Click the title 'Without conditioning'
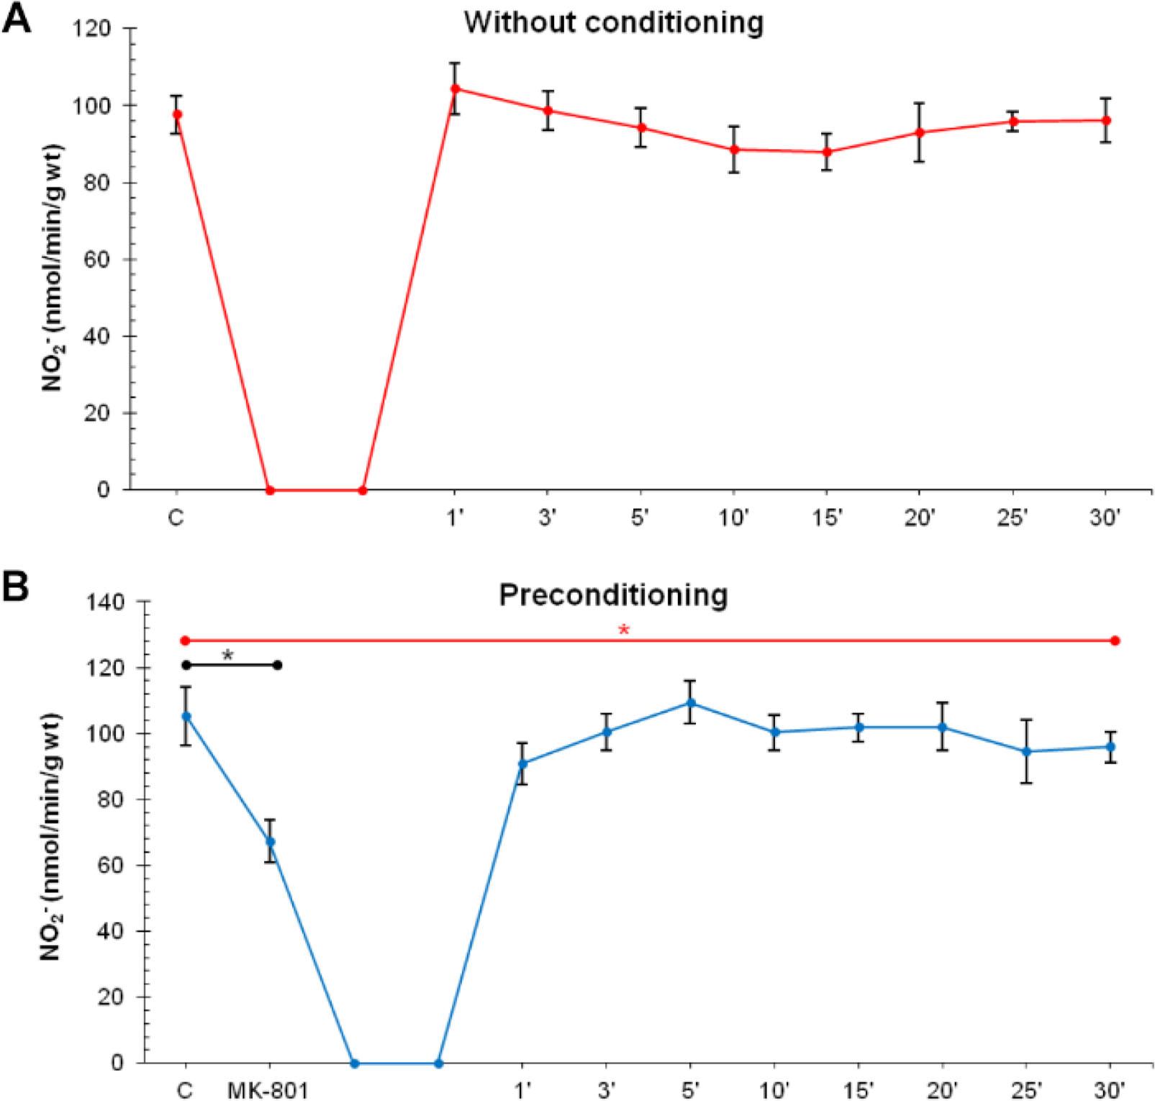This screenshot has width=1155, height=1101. (613, 23)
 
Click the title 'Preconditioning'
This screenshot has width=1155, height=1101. (614, 595)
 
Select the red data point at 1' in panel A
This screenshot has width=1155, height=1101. (455, 89)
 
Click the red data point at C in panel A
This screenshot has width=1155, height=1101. (177, 114)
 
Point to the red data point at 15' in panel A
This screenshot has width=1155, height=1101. (827, 152)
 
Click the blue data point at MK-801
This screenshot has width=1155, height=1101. (270, 841)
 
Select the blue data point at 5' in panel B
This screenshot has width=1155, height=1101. (690, 703)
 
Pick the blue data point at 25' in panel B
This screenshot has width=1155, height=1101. (1027, 752)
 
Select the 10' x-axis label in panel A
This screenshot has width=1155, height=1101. (733, 518)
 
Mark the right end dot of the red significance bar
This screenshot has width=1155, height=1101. (1115, 640)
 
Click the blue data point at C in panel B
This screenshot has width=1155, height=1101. (186, 717)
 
